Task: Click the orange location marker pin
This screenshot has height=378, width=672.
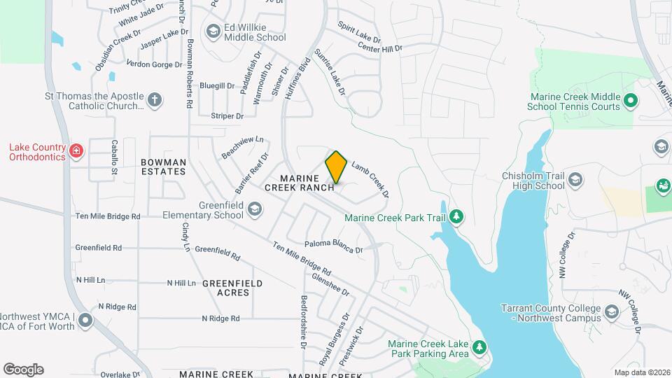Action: tap(336, 167)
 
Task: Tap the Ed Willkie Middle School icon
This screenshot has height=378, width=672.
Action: tap(213, 30)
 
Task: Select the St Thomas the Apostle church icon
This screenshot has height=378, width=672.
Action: tap(155, 100)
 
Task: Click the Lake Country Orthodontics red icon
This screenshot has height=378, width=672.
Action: tap(76, 150)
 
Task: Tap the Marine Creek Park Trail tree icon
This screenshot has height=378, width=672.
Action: tap(456, 216)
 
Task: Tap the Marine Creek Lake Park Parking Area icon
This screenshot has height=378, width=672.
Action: tap(479, 346)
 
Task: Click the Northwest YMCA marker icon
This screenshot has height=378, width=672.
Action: tap(85, 321)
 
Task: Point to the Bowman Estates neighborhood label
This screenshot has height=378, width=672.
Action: tap(164, 167)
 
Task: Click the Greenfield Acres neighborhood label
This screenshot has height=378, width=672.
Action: tap(232, 288)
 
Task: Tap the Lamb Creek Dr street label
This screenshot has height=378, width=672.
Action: tap(370, 178)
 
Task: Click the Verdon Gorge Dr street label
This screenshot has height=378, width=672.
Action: tap(154, 64)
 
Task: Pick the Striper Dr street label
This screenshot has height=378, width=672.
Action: tap(230, 115)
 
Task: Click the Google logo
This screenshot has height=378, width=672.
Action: tap(23, 370)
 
